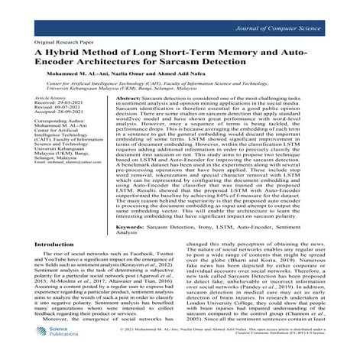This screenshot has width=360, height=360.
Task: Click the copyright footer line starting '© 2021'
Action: coord(233,345)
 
